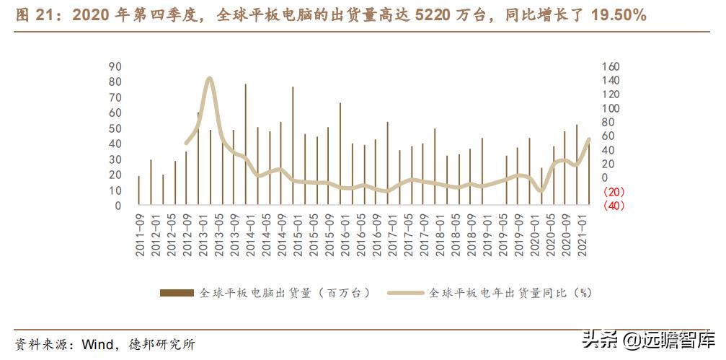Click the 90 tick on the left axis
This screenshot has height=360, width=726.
(115, 66)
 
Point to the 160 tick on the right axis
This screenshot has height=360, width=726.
(610, 66)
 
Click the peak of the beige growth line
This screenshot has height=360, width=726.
(209, 79)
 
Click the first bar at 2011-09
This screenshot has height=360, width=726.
(139, 190)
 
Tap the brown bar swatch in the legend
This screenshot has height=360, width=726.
(176, 292)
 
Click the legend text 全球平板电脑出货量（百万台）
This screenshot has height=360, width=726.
(285, 292)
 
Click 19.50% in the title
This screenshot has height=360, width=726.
(618, 14)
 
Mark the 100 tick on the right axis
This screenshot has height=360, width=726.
(610, 108)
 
